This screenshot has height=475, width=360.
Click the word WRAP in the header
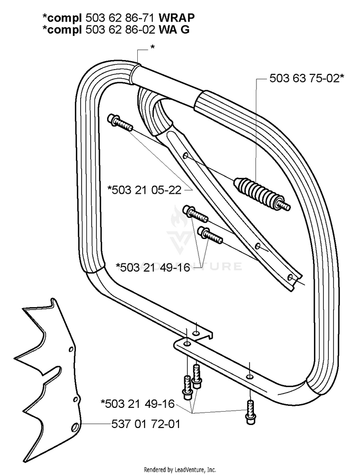tap(177, 18)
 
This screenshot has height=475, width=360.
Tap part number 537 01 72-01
tap(146, 424)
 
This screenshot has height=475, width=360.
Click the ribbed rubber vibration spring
tap(262, 193)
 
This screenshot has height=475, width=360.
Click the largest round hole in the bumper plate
tap(74, 428)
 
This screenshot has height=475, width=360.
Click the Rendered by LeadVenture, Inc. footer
tap(180, 470)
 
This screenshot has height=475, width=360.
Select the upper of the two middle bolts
tap(195, 214)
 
